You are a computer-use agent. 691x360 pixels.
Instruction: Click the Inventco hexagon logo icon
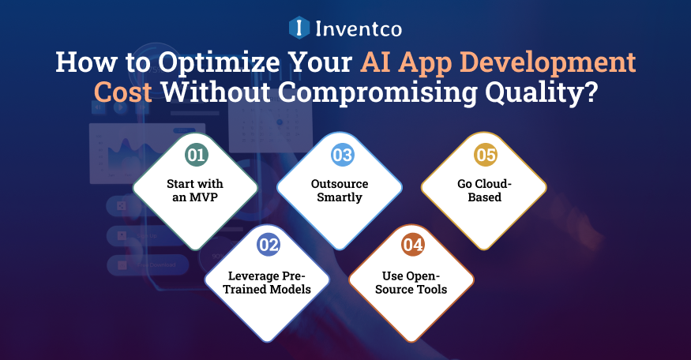(299, 28)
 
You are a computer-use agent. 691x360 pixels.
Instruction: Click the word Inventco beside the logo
(359, 29)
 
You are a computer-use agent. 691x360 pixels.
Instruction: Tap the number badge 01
(195, 155)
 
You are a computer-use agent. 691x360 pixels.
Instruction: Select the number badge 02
(269, 245)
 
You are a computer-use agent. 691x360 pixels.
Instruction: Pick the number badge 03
(341, 155)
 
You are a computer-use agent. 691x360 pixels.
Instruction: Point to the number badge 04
(412, 245)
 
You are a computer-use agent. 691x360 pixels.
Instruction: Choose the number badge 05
(484, 155)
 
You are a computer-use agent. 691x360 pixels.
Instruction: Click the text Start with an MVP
(195, 190)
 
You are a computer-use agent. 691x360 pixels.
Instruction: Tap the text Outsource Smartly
(340, 190)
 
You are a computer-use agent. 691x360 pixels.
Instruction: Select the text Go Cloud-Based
(484, 190)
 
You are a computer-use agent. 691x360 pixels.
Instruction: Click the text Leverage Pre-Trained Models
(268, 281)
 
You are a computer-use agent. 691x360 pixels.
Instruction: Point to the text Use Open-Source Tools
(411, 281)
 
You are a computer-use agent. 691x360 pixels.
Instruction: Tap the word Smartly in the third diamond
(340, 197)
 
